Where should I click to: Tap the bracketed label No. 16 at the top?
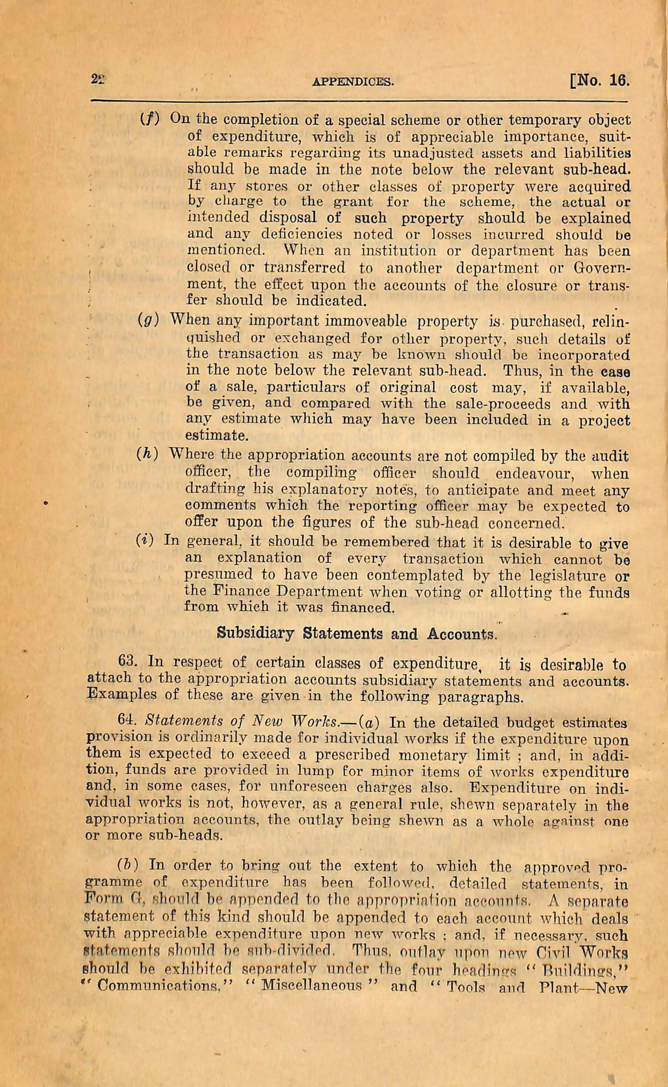(600, 81)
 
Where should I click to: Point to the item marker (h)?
(147, 455)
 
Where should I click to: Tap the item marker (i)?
(145, 541)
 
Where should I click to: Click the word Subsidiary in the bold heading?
(255, 634)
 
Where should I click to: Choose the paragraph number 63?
(129, 663)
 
